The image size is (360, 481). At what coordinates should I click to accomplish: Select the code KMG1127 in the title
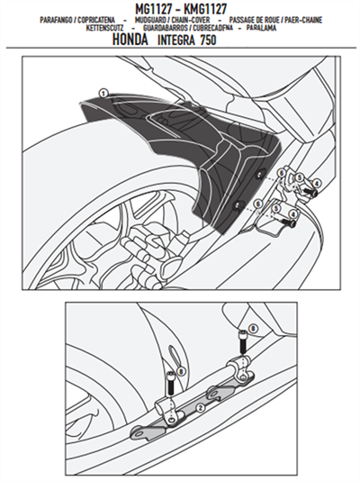[206, 6]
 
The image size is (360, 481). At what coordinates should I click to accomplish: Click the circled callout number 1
[104, 93]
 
